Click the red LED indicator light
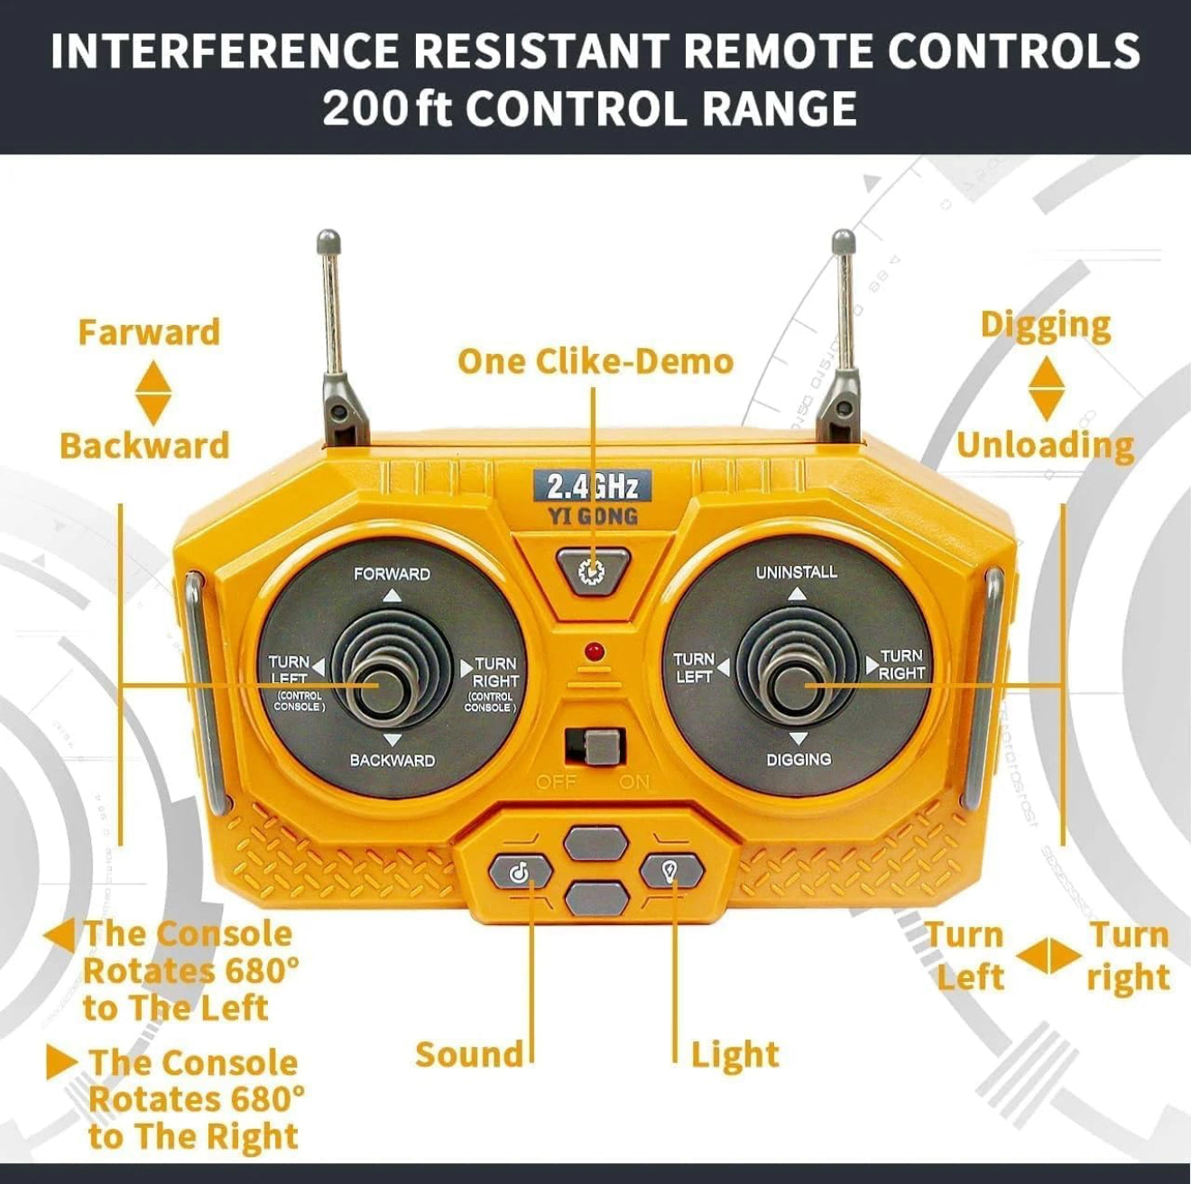pos(595,651)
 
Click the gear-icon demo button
pos(592,570)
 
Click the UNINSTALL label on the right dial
pos(796,572)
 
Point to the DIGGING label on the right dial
pos(799,759)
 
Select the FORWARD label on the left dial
pos(392,574)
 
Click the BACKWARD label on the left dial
pos(392,761)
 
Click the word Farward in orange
pos(149,332)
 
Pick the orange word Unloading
pos(1045,447)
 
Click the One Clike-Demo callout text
pos(595,362)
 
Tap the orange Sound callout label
pos(469,1054)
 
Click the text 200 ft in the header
pos(387,108)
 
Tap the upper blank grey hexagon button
pos(595,844)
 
